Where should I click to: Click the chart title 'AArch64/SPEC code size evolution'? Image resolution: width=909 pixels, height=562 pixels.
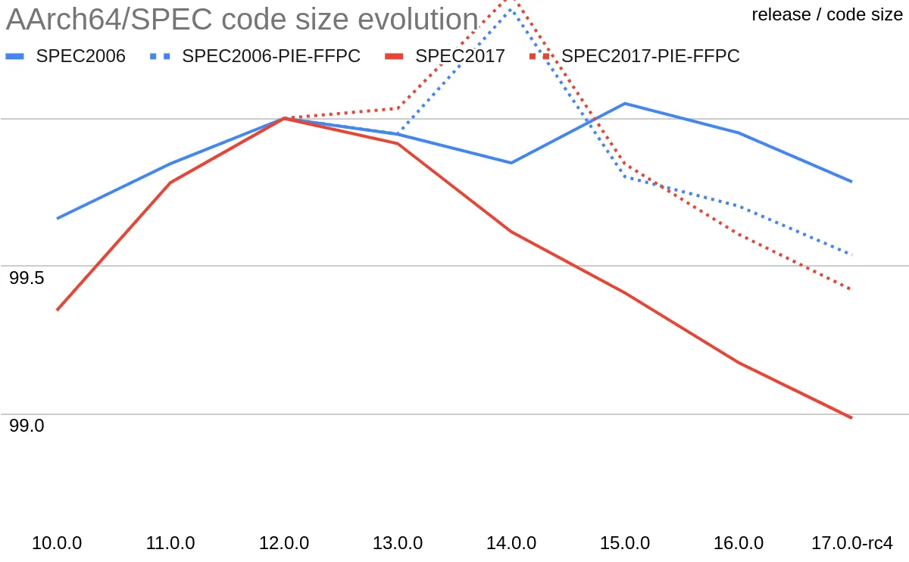click(x=242, y=20)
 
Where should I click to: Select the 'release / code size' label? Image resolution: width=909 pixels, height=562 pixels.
click(x=827, y=14)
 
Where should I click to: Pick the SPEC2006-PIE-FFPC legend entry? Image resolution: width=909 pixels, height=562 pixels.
click(x=270, y=55)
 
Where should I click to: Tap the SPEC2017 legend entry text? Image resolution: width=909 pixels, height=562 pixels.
click(x=460, y=55)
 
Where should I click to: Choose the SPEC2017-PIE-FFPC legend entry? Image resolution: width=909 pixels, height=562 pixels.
click(x=650, y=55)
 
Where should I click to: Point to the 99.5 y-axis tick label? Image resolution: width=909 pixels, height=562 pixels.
click(x=27, y=278)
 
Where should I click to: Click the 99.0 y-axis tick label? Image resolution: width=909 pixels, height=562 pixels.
click(x=27, y=426)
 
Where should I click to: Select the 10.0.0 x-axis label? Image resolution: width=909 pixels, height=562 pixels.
click(x=57, y=543)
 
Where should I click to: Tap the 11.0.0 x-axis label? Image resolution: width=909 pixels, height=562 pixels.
click(x=170, y=543)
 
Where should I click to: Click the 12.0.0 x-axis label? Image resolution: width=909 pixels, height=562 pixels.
click(x=284, y=543)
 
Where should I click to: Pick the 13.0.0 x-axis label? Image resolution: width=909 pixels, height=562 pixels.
click(x=398, y=543)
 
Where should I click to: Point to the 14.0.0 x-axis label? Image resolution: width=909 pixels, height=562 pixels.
click(x=511, y=543)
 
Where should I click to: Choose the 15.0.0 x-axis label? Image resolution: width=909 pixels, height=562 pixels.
click(x=625, y=543)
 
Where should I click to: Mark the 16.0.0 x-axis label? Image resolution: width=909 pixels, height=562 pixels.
click(x=739, y=543)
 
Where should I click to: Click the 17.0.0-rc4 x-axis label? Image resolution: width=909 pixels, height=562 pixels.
click(x=851, y=543)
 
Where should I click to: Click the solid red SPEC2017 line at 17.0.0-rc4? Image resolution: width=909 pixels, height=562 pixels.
click(x=851, y=417)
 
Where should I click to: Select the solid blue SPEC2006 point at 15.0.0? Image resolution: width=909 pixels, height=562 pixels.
click(x=625, y=103)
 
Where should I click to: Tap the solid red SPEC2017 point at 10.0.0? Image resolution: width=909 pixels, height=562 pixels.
click(x=58, y=310)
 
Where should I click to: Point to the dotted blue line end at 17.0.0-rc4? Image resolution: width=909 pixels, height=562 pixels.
click(x=851, y=254)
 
